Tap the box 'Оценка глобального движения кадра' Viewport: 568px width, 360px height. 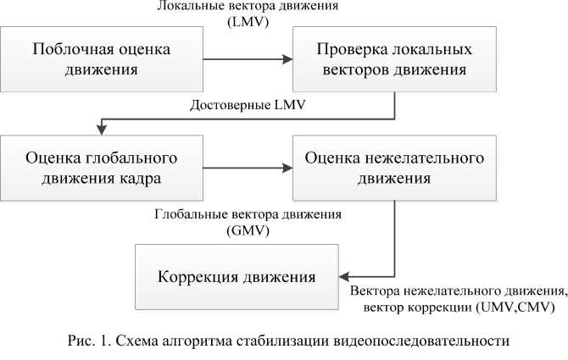coord(102,169)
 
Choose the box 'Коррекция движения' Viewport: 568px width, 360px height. coord(237,278)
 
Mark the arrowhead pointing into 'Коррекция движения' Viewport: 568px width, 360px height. coord(345,276)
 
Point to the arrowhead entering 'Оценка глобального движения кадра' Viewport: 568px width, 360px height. coord(102,130)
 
